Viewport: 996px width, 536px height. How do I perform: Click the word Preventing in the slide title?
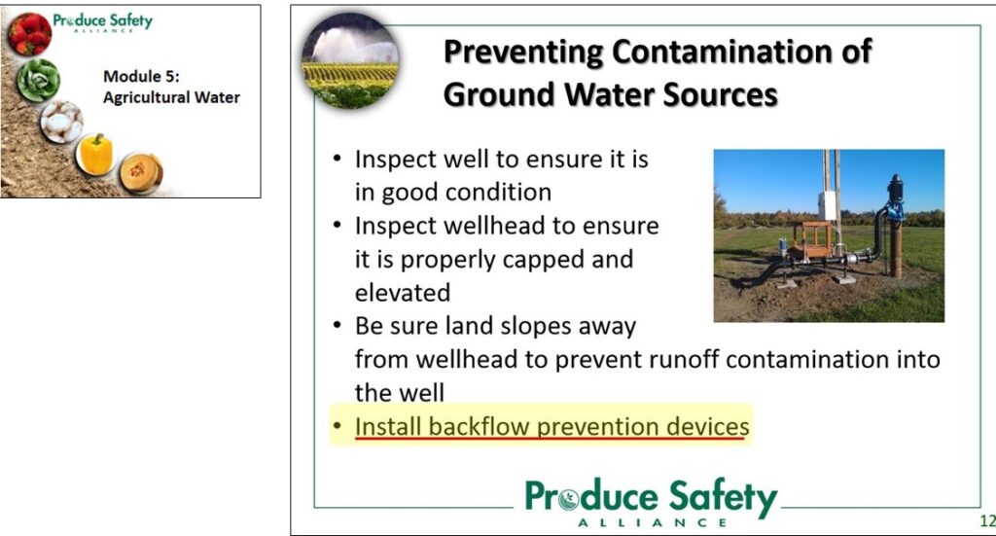click(x=522, y=53)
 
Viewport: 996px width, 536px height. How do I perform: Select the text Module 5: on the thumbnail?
click(x=141, y=76)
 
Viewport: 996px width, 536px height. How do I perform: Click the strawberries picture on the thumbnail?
click(x=29, y=34)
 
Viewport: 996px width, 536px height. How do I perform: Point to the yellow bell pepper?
click(x=96, y=155)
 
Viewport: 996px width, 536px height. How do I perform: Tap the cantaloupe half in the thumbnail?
click(x=140, y=173)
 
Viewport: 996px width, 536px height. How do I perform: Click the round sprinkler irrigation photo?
click(x=350, y=60)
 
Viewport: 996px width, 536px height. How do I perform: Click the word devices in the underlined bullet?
click(x=708, y=426)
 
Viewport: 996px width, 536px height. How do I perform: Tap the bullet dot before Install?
click(x=338, y=425)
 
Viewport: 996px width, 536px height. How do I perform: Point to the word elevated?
click(x=403, y=293)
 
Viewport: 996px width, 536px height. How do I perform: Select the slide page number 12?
click(x=988, y=520)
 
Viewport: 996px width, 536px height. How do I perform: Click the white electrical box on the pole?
click(x=827, y=205)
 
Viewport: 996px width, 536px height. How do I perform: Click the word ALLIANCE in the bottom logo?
click(x=653, y=522)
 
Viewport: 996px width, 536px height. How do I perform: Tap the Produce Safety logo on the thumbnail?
click(x=103, y=21)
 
